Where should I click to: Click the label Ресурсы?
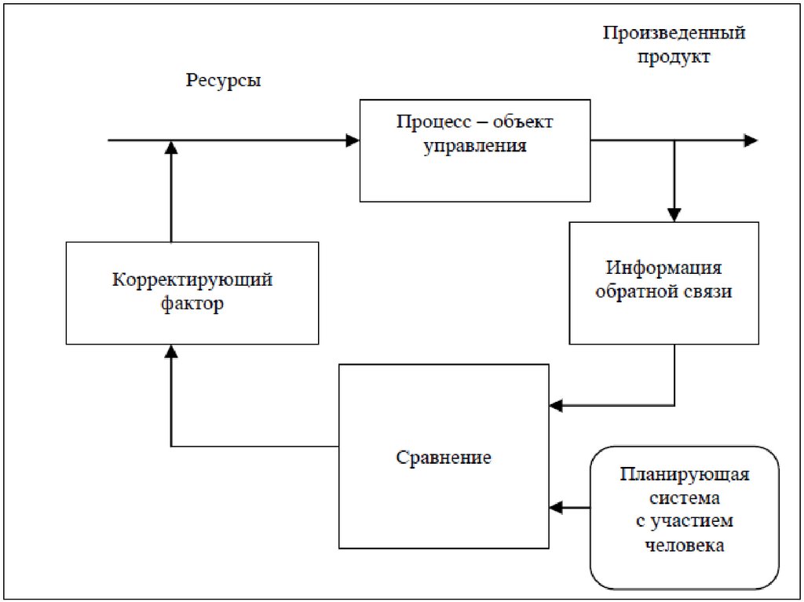coord(224,81)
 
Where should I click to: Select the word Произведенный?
coord(674,34)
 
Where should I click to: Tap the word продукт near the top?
coord(674,57)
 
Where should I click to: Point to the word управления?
coord(475,146)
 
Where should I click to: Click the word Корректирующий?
coord(192,280)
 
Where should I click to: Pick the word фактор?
coord(192,304)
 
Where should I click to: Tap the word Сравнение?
coord(444,457)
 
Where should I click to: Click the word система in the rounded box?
coord(684,498)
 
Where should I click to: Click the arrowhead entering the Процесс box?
coord(353,140)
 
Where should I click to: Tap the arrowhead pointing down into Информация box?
coord(673,214)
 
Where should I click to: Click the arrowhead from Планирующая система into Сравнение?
coord(557,507)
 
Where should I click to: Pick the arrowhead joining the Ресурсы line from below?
coord(170,148)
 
